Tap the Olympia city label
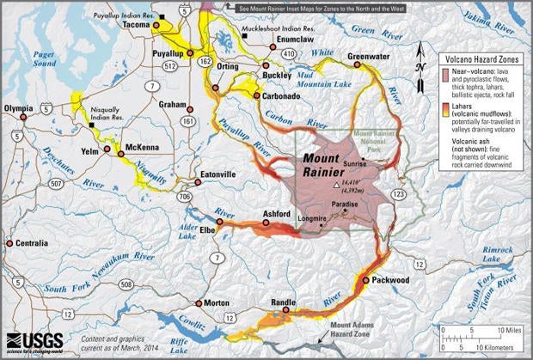pyautogui.click(x=21, y=109)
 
